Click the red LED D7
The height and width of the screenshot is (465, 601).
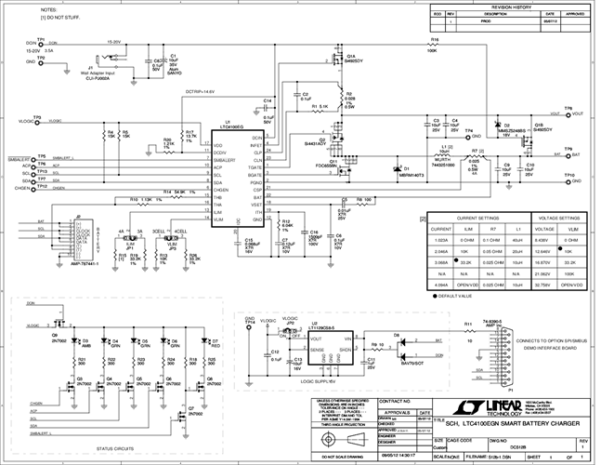pyautogui.click(x=215, y=342)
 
